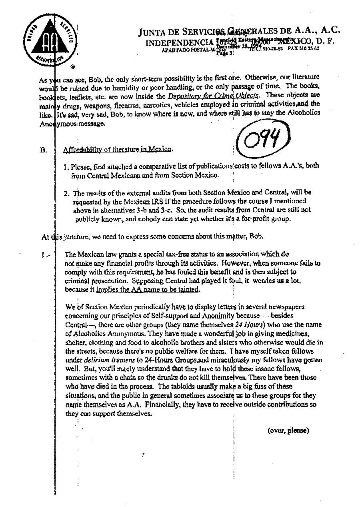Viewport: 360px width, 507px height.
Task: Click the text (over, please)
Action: (x=288, y=431)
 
